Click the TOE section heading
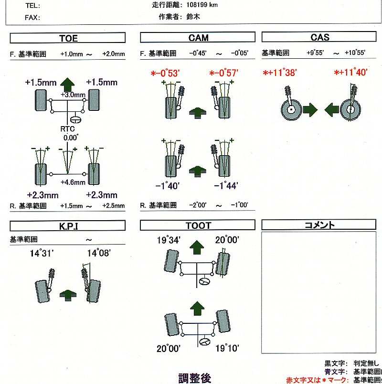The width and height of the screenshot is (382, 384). pyautogui.click(x=68, y=38)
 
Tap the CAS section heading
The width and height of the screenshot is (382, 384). pyautogui.click(x=320, y=37)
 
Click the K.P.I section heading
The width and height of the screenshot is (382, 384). pyautogui.click(x=68, y=225)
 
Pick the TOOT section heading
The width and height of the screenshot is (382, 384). pyautogui.click(x=198, y=225)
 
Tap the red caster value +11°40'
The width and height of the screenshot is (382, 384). pyautogui.click(x=350, y=73)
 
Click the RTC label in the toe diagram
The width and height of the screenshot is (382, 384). pyautogui.click(x=67, y=129)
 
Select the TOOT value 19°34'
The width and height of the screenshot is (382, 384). pyautogui.click(x=168, y=240)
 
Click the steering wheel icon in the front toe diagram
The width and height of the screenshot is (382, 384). pyautogui.click(x=75, y=119)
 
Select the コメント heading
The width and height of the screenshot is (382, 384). pyautogui.click(x=319, y=225)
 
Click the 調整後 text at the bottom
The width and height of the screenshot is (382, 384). pyautogui.click(x=194, y=378)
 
